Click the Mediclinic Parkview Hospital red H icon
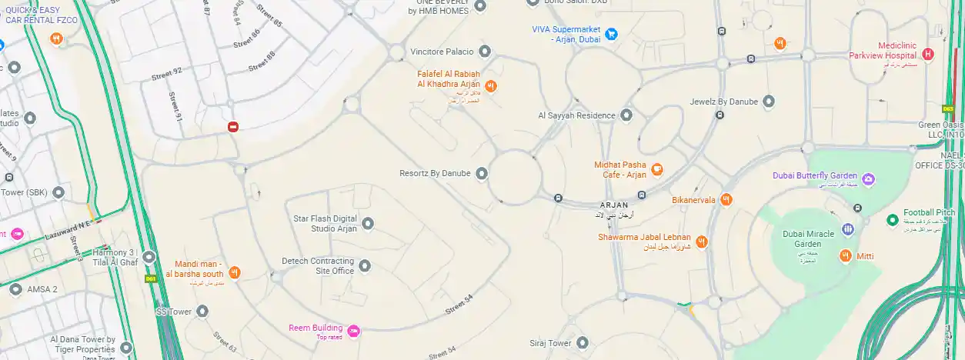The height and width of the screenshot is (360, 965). point(927,54)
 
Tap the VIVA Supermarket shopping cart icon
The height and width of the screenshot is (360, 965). point(611,34)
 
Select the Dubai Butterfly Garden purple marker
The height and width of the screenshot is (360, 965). point(869,179)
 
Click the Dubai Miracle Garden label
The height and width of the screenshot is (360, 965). point(810,238)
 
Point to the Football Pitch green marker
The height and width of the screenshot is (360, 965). point(892,220)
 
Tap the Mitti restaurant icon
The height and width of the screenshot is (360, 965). point(846,255)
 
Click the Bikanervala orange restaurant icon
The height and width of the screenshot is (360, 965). point(726,200)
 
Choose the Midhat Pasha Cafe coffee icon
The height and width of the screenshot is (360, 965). point(656,169)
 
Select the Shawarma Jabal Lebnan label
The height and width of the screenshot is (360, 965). point(644,238)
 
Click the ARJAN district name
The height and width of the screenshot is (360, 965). point(615,205)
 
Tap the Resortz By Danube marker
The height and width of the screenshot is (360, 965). point(482,173)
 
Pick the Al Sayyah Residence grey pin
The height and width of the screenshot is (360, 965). point(626,115)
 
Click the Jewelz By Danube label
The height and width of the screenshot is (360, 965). point(723,102)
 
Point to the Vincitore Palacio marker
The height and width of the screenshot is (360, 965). point(485,52)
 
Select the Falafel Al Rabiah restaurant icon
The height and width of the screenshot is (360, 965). point(490,85)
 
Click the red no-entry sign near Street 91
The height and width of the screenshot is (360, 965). point(233,127)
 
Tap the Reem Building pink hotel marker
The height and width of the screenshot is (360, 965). point(353,332)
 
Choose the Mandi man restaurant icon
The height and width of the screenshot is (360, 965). point(235,272)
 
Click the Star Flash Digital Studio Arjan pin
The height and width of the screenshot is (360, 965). point(368,223)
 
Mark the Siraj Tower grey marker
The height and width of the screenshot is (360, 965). point(583,343)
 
